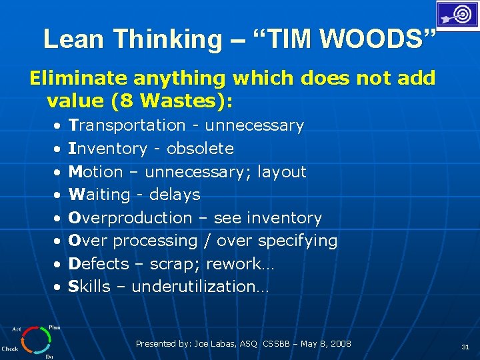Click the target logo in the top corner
[457, 15]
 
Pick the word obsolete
[200, 149]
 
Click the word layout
[281, 172]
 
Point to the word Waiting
[100, 195]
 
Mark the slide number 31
[465, 347]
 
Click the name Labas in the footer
[223, 344]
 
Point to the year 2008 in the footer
[340, 344]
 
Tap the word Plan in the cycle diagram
[54, 327]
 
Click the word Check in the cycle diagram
[10, 348]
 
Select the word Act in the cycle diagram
[16, 329]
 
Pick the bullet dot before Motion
[59, 172]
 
